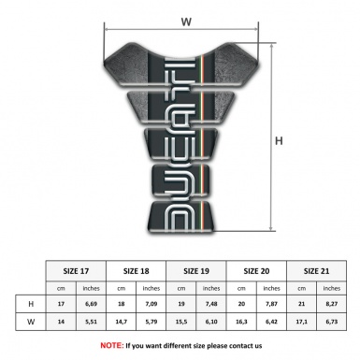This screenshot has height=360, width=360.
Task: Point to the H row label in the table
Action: point(34,304)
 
